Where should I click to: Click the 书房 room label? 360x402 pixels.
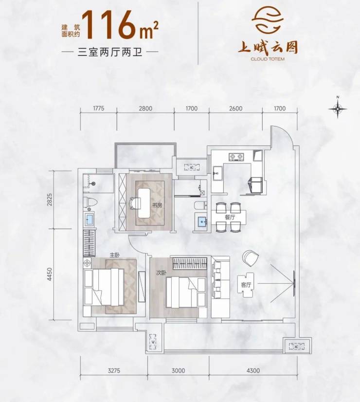point(157,205)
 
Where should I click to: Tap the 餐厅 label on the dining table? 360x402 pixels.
point(230,218)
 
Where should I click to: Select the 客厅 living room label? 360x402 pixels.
point(246,284)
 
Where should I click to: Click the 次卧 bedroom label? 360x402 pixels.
point(161,273)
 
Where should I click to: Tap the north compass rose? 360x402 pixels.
point(338,108)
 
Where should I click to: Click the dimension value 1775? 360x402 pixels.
point(99,108)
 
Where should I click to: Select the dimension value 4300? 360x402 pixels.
point(253,370)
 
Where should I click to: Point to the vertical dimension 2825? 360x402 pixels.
point(50,200)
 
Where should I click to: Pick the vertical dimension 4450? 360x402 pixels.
point(50,274)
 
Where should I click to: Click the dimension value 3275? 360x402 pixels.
point(114,370)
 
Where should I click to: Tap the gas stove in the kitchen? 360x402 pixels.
point(236,157)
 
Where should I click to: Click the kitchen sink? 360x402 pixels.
point(218,173)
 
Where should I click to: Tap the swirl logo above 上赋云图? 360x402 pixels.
point(268,19)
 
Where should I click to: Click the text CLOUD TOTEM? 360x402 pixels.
point(268,59)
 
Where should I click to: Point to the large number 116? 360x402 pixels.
point(108,25)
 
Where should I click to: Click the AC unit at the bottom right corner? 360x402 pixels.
point(296,347)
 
